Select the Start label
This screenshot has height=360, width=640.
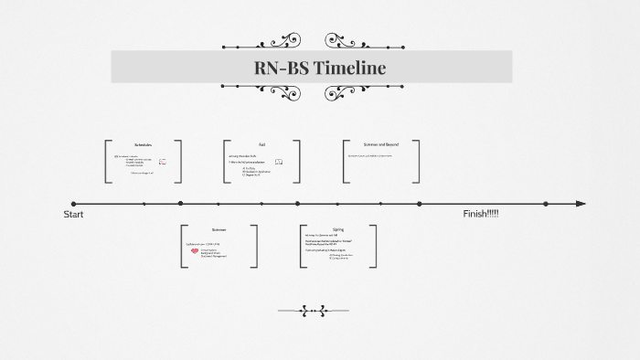tap(73, 214)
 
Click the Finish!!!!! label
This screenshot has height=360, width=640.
tap(481, 214)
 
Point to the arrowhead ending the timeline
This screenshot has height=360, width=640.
tap(581, 204)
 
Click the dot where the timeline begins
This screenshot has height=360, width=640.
tap(73, 204)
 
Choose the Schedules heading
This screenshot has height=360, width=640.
tap(143, 145)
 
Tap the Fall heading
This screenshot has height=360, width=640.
tap(261, 144)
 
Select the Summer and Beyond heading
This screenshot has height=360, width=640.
tap(381, 144)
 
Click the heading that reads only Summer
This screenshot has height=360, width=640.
tap(219, 229)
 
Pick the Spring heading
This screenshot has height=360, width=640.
tap(337, 229)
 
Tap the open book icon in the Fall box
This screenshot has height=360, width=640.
tap(279, 162)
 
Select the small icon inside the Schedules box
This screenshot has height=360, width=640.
tap(162, 162)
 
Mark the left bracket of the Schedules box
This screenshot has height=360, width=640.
tap(107, 162)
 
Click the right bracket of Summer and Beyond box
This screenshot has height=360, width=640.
tap(419, 162)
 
